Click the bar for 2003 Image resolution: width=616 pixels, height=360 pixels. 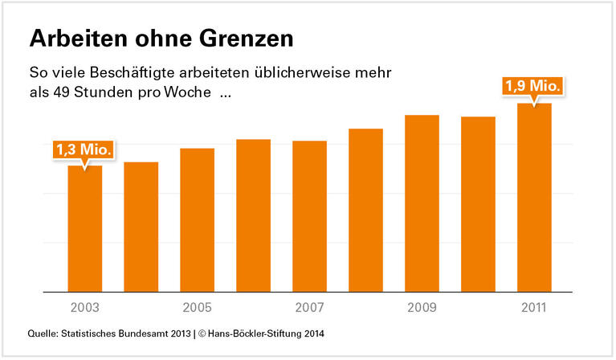pyautogui.click(x=84, y=228)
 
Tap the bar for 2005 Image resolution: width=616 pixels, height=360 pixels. pyautogui.click(x=197, y=220)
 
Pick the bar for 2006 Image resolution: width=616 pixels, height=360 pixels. pyautogui.click(x=253, y=215)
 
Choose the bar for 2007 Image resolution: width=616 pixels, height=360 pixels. pyautogui.click(x=309, y=216)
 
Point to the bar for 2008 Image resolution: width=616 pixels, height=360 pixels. pyautogui.click(x=365, y=210)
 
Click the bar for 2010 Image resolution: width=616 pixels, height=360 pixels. pyautogui.click(x=478, y=204)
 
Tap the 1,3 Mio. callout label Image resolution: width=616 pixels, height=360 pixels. pyautogui.click(x=84, y=149)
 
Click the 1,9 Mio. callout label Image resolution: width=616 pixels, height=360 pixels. pyautogui.click(x=532, y=86)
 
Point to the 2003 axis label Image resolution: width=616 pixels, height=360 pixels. pyautogui.click(x=84, y=308)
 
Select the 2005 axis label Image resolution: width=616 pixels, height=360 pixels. pyautogui.click(x=197, y=308)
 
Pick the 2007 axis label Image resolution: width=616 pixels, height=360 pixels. pyautogui.click(x=309, y=308)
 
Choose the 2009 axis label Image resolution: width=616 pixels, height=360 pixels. pyautogui.click(x=422, y=308)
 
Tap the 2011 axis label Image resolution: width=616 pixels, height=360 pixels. pyautogui.click(x=534, y=308)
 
